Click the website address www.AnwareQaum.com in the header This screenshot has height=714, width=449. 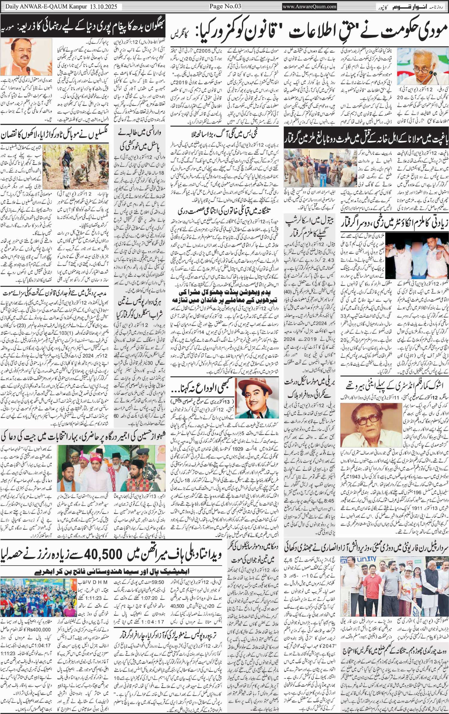[310, 6]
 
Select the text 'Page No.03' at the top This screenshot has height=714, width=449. [224, 6]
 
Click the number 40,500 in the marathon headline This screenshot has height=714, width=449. [103, 554]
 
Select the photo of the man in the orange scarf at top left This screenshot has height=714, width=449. [26, 57]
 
